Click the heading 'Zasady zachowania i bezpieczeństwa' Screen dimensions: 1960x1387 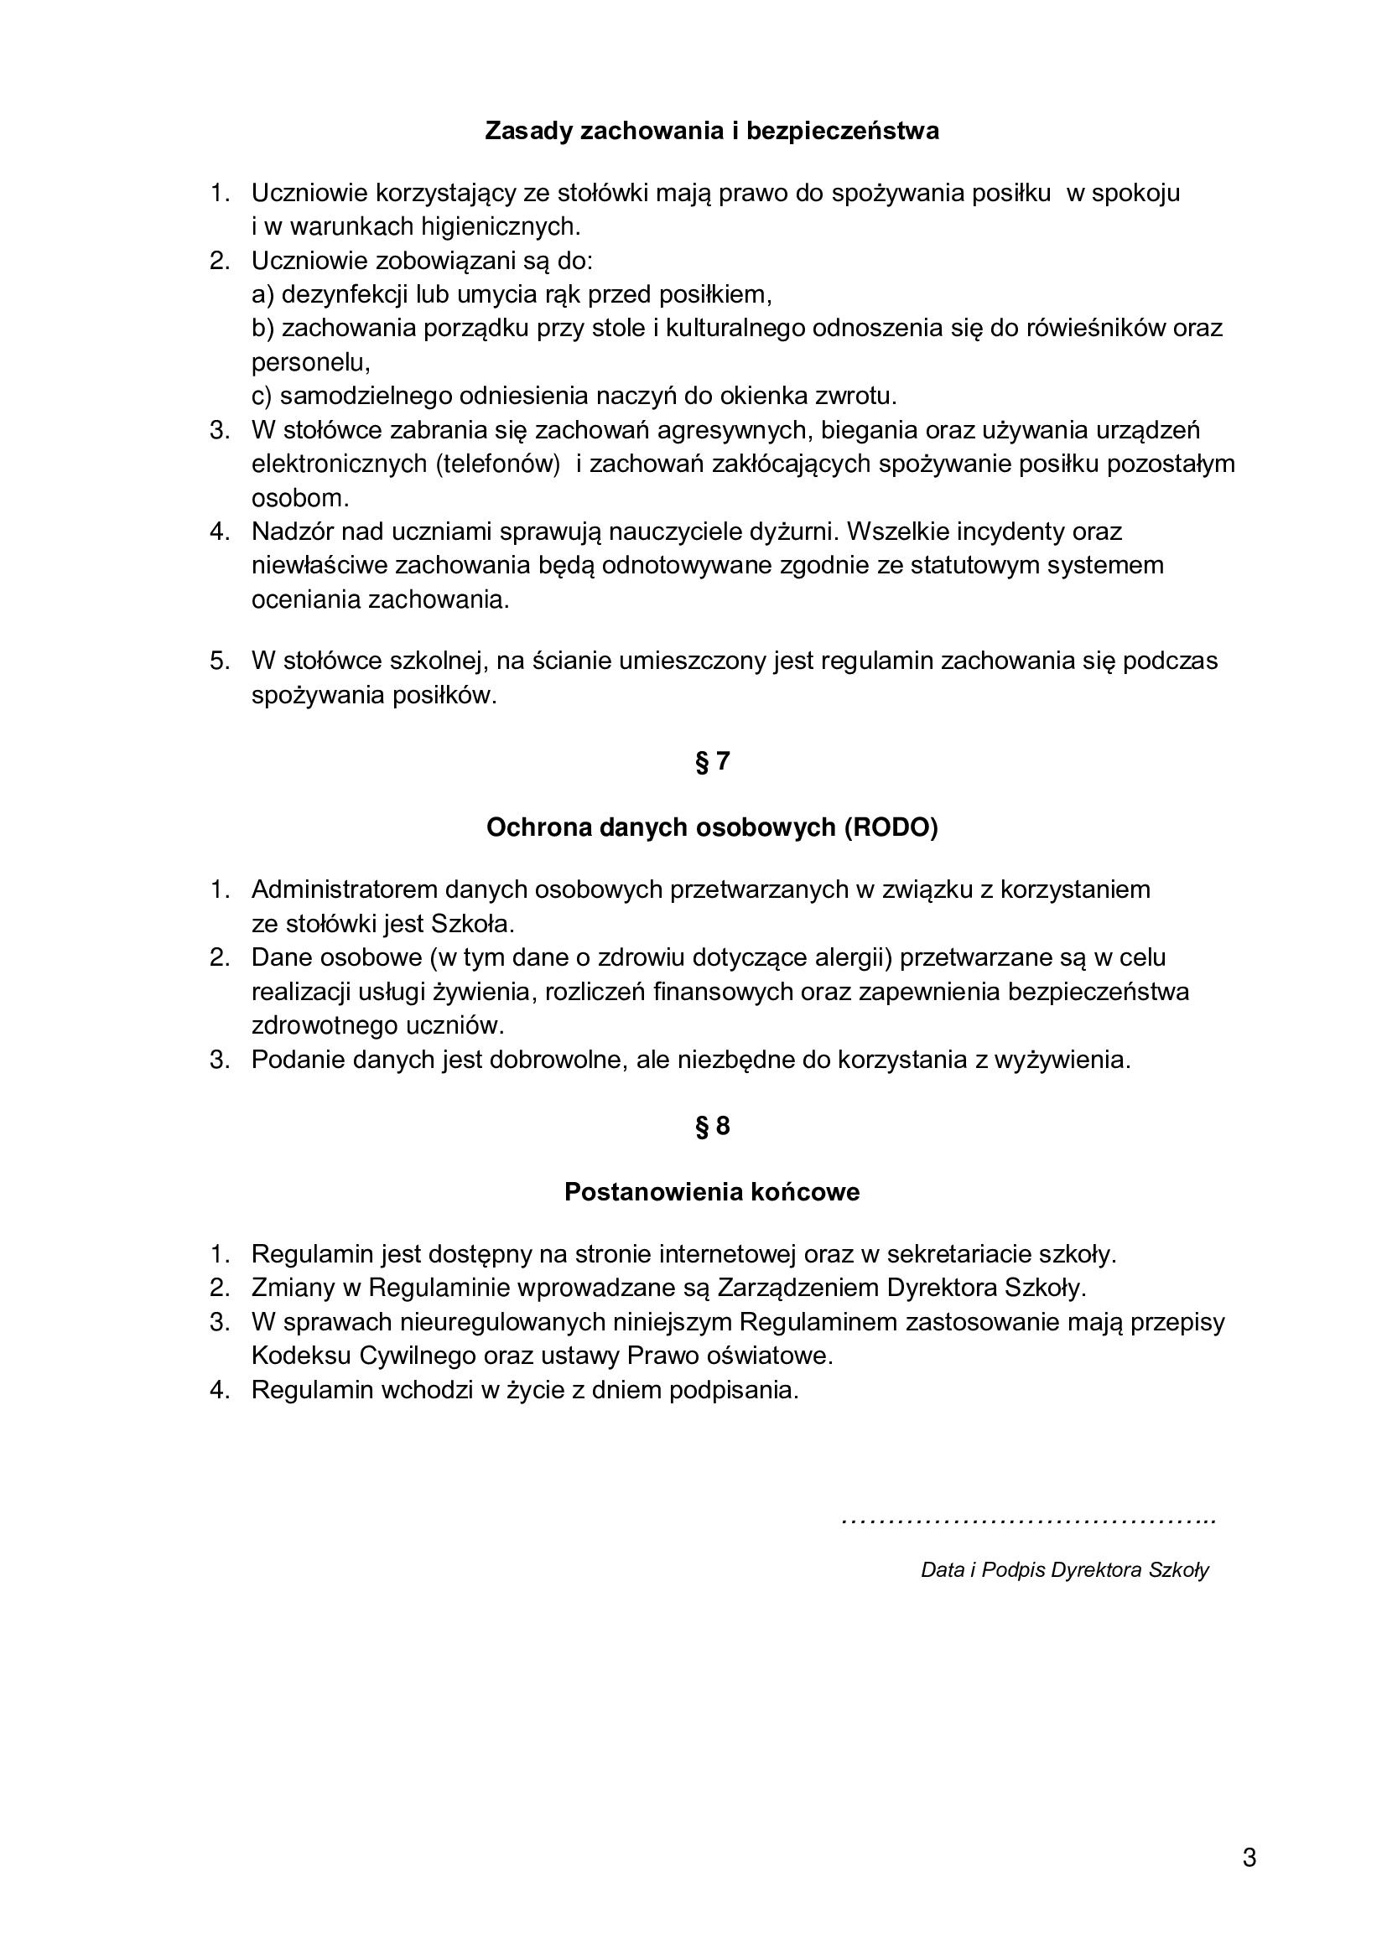pos(711,132)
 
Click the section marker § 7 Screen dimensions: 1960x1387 pos(712,761)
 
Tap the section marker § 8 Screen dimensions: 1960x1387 pos(712,1127)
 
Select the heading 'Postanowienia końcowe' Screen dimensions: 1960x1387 pos(711,1193)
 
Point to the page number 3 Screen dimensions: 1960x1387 pos(1249,1858)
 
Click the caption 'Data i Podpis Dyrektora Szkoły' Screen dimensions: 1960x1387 pos(1064,1569)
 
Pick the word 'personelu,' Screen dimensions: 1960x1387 pos(311,363)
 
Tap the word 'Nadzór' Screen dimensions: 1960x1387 pos(293,531)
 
